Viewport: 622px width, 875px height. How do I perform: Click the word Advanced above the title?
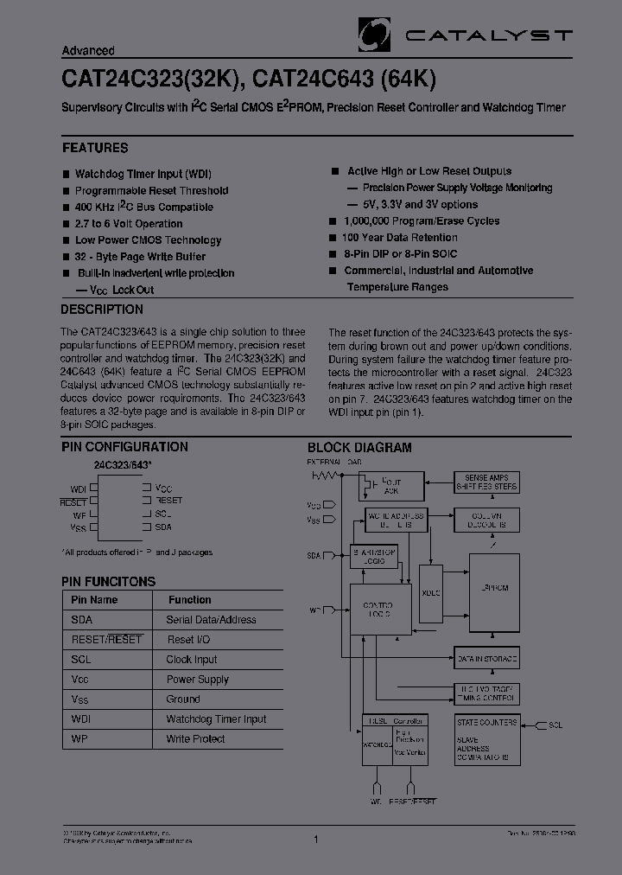coord(88,51)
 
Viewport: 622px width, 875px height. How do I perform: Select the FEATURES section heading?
coord(95,148)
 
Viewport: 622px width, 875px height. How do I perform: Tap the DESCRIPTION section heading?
coord(102,310)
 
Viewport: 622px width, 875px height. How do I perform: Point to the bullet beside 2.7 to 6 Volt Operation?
coord(66,224)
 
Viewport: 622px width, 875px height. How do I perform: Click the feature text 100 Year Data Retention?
coord(399,238)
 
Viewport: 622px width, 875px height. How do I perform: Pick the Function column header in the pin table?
coord(190,600)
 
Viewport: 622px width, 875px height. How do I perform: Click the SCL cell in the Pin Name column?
coord(82,660)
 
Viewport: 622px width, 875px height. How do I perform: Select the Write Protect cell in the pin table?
coord(195,739)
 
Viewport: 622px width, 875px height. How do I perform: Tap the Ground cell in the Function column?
coord(183,699)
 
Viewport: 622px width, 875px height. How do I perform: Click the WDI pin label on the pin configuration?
coord(79,489)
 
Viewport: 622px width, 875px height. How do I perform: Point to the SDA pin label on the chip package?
coord(163,527)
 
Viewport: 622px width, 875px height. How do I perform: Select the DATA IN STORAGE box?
coord(487,659)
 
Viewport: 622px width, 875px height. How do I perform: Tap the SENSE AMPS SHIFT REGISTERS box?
coord(487,482)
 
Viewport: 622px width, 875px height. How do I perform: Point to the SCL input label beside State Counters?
coord(555,725)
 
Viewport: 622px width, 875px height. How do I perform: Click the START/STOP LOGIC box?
coord(373,556)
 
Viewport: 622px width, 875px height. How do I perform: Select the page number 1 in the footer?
coord(317,839)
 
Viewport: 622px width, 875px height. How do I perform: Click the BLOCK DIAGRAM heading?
coord(359,448)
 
